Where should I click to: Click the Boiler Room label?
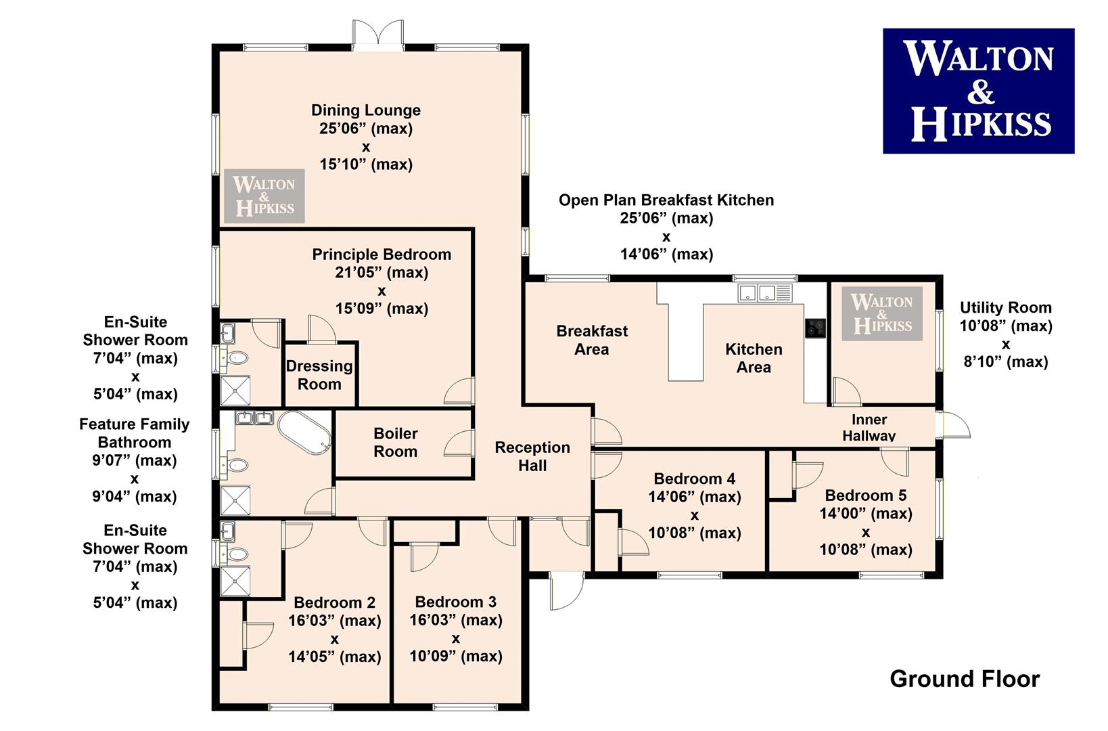pyautogui.click(x=395, y=443)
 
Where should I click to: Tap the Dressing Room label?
pyautogui.click(x=319, y=375)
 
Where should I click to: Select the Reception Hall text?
pyautogui.click(x=532, y=456)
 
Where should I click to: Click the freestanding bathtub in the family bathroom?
pyautogui.click(x=304, y=433)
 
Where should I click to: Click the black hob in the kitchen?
pyautogui.click(x=815, y=328)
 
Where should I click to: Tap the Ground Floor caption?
pyautogui.click(x=965, y=679)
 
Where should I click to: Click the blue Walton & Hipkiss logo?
pyautogui.click(x=978, y=91)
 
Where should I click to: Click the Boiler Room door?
pyautogui.click(x=459, y=443)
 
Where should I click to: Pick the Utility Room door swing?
pyautogui.click(x=846, y=391)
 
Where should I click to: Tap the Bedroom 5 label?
pyautogui.click(x=866, y=495)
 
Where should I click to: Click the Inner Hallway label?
pyautogui.click(x=869, y=428)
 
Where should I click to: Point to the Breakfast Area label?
pyautogui.click(x=592, y=340)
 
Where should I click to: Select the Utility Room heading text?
pyautogui.click(x=1006, y=307)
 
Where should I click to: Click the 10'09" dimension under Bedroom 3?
pyautogui.click(x=455, y=657)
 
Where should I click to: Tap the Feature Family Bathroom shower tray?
pyautogui.click(x=235, y=500)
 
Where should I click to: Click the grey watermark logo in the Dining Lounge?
pyautogui.click(x=264, y=196)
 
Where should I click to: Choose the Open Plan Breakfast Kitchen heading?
pyautogui.click(x=666, y=200)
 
